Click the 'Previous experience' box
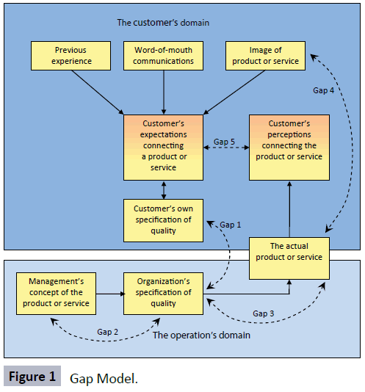pyautogui.click(x=71, y=56)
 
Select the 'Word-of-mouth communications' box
pyautogui.click(x=163, y=56)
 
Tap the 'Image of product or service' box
pyautogui.click(x=265, y=56)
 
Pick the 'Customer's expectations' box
pyautogui.click(x=163, y=148)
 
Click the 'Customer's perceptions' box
pyautogui.click(x=289, y=148)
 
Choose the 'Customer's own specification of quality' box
pyautogui.click(x=163, y=220)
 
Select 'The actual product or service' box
pyautogui.click(x=289, y=258)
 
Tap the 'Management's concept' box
pyautogui.click(x=56, y=294)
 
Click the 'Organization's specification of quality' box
pyautogui.click(x=163, y=294)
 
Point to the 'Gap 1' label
pyautogui.click(x=230, y=225)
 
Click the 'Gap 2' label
pyautogui.click(x=107, y=332)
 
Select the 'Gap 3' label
pyautogui.click(x=263, y=313)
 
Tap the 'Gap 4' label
pyautogui.click(x=323, y=90)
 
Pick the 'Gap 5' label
pyautogui.click(x=224, y=142)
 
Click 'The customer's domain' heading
pyautogui.click(x=163, y=23)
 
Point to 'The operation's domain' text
pyautogui.click(x=201, y=335)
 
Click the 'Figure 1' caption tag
pyautogui.click(x=32, y=377)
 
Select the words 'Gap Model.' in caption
pyautogui.click(x=104, y=379)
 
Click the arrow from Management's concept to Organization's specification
pyautogui.click(x=110, y=294)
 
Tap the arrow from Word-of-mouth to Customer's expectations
pyautogui.click(x=164, y=92)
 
